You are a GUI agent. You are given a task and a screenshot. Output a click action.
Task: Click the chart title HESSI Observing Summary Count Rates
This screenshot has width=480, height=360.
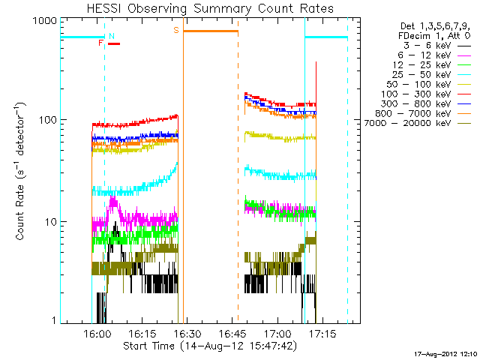pyautogui.click(x=211, y=8)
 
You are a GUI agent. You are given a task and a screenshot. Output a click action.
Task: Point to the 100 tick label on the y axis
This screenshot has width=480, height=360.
pyautogui.click(x=47, y=120)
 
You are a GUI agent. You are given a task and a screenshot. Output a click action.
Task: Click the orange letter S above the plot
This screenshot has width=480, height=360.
pyautogui.click(x=176, y=31)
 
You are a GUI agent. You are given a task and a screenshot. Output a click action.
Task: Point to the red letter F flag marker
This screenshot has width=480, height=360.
pyautogui.click(x=100, y=43)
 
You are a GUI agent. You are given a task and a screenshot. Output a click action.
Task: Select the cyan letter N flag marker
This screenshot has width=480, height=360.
pyautogui.click(x=112, y=36)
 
